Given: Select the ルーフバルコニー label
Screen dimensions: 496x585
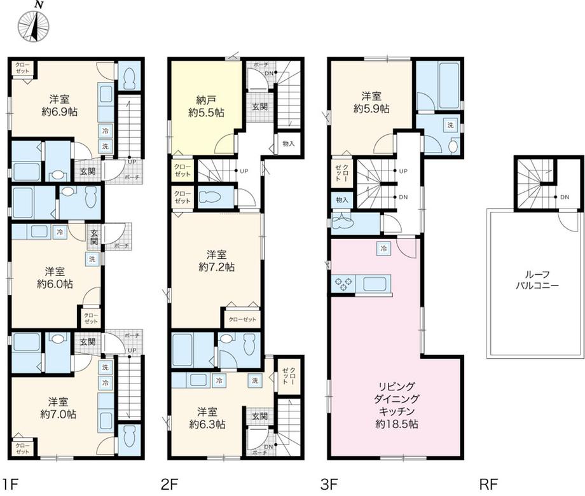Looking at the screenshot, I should (537, 280).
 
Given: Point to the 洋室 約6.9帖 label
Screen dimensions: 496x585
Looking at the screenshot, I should (61, 106).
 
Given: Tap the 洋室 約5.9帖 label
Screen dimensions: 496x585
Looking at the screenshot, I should (372, 102).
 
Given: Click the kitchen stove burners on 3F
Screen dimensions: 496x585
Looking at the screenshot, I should (343, 284).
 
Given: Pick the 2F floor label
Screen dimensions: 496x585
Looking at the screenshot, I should (169, 485).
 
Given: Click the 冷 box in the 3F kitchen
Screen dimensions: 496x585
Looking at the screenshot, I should (385, 248).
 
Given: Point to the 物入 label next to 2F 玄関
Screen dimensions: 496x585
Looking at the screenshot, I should (289, 144).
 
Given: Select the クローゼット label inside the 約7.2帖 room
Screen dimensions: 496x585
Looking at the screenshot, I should (241, 320).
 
